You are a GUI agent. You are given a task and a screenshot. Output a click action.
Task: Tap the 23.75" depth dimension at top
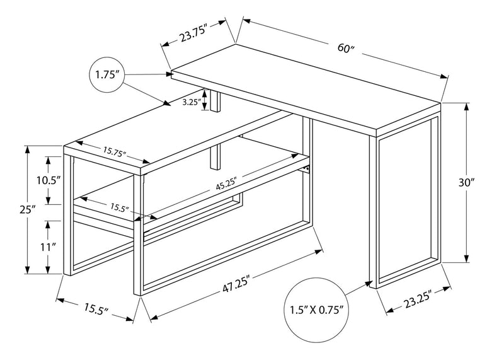coord(193,36)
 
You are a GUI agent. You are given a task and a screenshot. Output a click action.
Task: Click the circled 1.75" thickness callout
coord(107,75)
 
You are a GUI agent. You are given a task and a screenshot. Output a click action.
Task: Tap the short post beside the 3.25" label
coord(216,102)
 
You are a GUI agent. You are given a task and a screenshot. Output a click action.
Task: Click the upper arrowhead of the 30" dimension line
coord(467,107)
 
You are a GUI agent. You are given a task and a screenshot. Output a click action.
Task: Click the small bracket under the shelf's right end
coord(307,168)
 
